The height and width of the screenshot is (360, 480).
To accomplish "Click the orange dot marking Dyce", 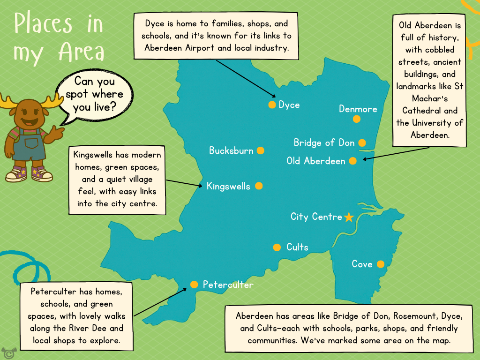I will pyautogui.click(x=272, y=105).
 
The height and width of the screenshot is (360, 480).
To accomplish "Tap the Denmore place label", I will pyautogui.click(x=358, y=109).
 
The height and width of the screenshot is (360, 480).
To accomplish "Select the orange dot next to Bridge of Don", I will pyautogui.click(x=362, y=142).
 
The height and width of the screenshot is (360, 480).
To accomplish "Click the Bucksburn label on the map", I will pyautogui.click(x=231, y=151).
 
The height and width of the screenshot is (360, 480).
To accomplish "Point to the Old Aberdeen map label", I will pyautogui.click(x=315, y=161).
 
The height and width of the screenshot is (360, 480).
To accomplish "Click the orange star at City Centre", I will pyautogui.click(x=349, y=217).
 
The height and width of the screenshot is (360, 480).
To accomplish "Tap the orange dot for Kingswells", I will pyautogui.click(x=259, y=186).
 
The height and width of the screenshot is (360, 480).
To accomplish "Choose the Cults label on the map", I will pyautogui.click(x=297, y=247).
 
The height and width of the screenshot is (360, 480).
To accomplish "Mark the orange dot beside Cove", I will pyautogui.click(x=381, y=264).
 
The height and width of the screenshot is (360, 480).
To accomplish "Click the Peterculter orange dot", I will pyautogui.click(x=194, y=285).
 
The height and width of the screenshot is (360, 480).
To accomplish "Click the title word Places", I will pyautogui.click(x=43, y=23).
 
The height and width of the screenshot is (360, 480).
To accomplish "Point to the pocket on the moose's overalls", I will pyautogui.click(x=31, y=142).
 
